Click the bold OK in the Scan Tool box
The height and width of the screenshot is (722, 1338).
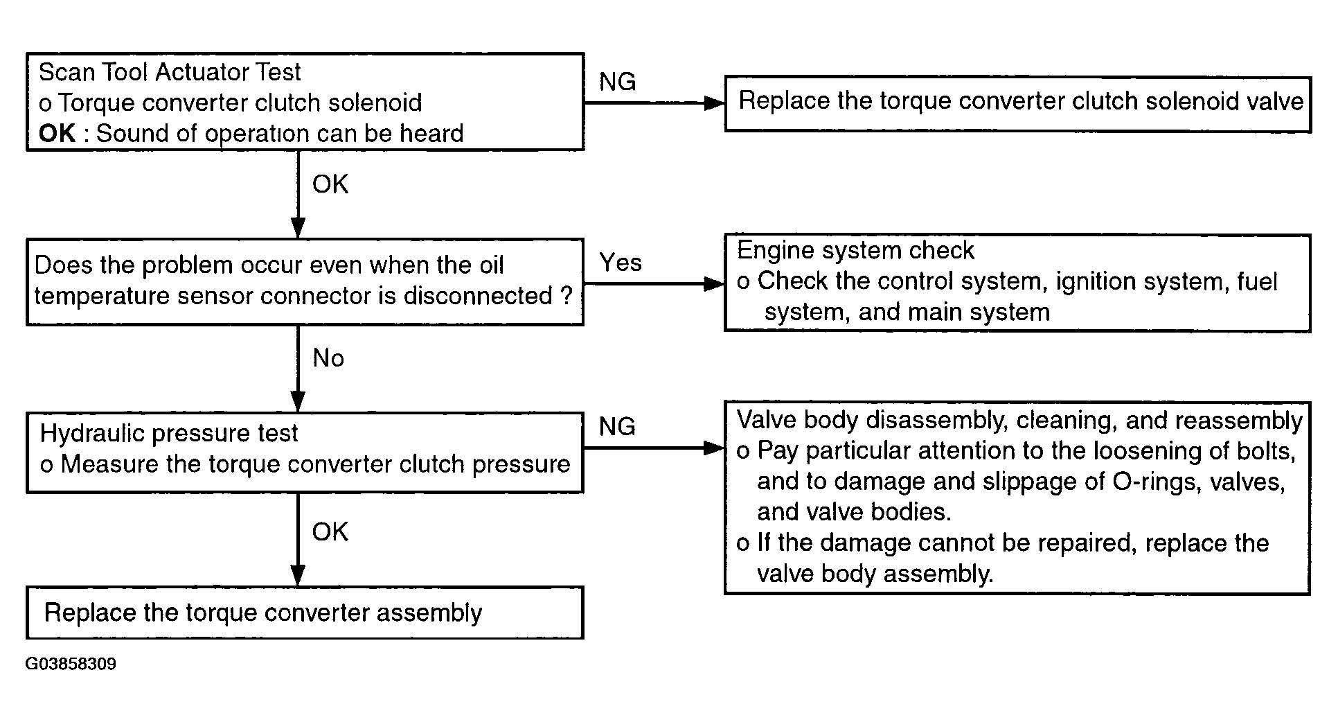(x=57, y=133)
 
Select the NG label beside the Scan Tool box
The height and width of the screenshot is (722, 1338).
(x=617, y=82)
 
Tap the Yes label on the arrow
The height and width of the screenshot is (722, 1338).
(x=621, y=263)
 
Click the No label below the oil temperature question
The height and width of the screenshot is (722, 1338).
(x=328, y=358)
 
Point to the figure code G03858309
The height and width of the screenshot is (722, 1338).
(x=71, y=664)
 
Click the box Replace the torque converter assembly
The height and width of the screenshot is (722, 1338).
(x=305, y=613)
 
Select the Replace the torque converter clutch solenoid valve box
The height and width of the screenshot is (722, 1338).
(x=1017, y=104)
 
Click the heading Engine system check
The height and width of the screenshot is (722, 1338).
(x=855, y=250)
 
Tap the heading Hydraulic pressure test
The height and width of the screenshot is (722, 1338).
(x=169, y=434)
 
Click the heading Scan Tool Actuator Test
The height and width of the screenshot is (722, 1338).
(x=170, y=72)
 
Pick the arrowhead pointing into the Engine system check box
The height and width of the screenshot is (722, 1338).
(x=714, y=284)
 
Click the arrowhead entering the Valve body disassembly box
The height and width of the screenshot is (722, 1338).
(x=714, y=448)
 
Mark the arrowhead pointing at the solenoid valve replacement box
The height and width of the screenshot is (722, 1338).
(x=714, y=103)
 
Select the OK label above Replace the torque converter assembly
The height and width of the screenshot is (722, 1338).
(x=330, y=532)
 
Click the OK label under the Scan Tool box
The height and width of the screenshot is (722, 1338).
(x=330, y=184)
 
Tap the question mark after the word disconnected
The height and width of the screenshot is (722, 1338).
(x=567, y=296)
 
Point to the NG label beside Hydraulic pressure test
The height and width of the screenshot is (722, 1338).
(x=617, y=427)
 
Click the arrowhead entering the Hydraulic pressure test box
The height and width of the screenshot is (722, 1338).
(x=298, y=403)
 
